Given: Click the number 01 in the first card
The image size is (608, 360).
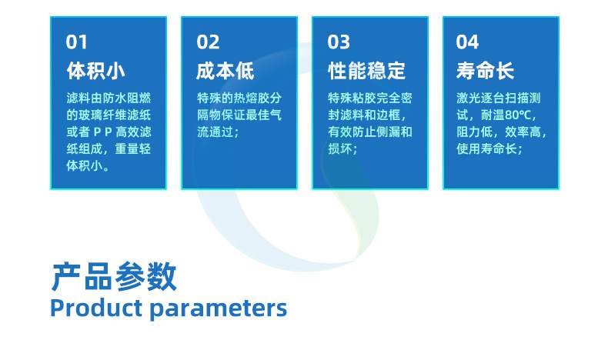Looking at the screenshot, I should (77, 42).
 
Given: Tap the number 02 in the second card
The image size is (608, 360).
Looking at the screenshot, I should (208, 42).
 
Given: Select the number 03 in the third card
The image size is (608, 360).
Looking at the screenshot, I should (339, 42).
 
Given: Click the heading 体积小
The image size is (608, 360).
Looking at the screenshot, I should (96, 72).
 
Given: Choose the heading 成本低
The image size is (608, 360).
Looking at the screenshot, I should (225, 72).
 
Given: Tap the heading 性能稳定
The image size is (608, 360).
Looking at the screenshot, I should (366, 72).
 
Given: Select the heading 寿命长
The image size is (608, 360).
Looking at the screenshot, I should (485, 72).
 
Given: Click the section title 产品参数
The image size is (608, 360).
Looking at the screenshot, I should (114, 277).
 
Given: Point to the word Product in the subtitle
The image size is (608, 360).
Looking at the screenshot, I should (96, 308).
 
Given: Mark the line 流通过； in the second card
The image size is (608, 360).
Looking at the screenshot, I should (219, 132).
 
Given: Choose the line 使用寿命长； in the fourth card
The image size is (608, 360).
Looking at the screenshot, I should (489, 148).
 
